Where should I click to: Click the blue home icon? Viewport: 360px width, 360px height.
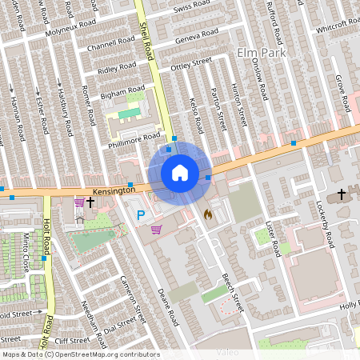pyautogui.click(x=180, y=173)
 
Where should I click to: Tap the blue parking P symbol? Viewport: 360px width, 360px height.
pyautogui.click(x=142, y=214)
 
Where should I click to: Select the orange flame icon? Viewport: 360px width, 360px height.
pyautogui.click(x=208, y=214)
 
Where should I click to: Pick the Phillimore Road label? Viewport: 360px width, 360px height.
pyautogui.click(x=135, y=139)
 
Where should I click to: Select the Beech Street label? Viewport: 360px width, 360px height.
pyautogui.click(x=232, y=292)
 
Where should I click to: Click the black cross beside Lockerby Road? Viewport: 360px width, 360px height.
pyautogui.click(x=342, y=194)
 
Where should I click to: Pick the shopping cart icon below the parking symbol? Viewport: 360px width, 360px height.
pyautogui.click(x=156, y=230)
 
